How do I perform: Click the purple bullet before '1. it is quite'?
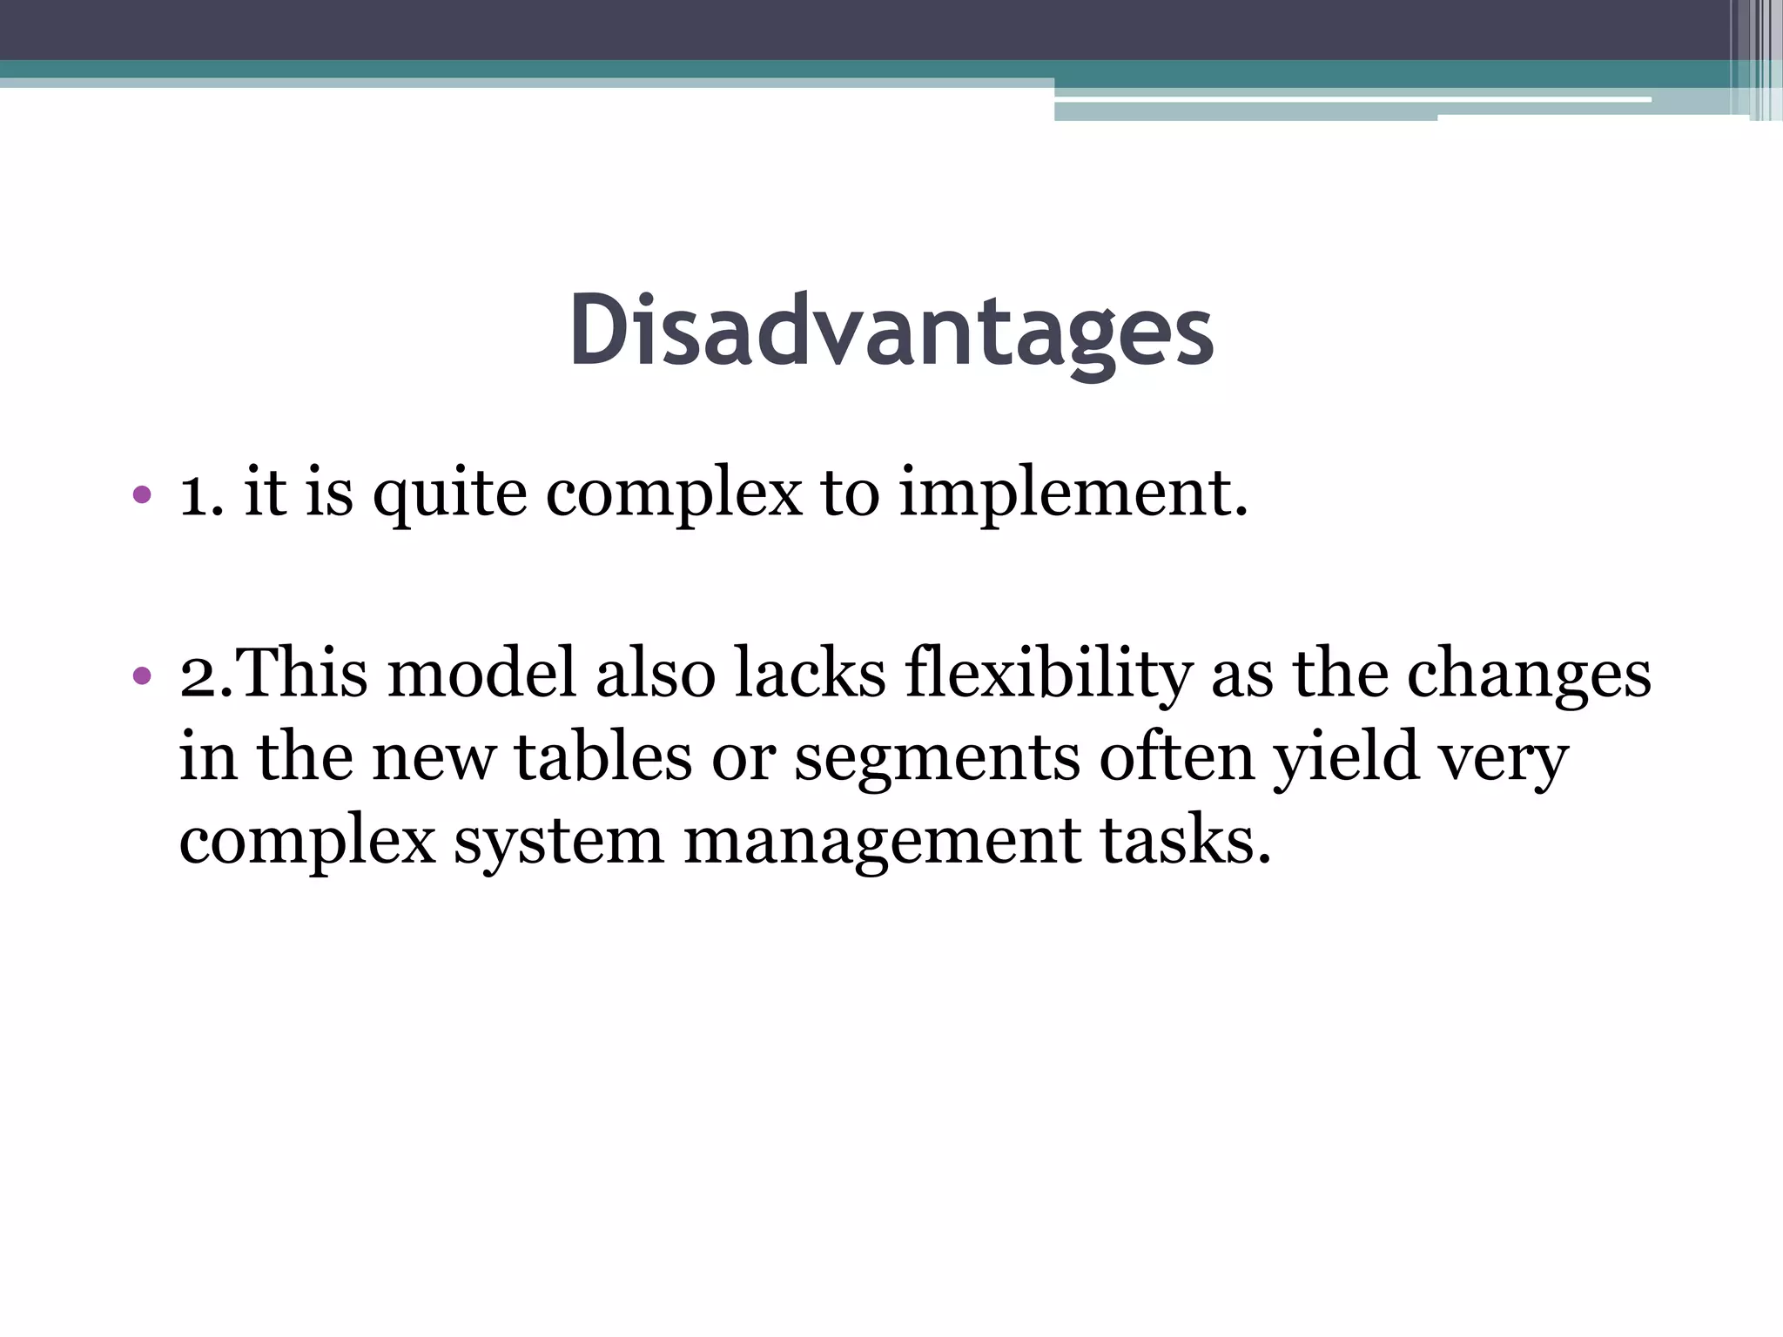coord(142,496)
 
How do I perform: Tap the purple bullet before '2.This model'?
coord(142,675)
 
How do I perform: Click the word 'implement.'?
coord(1073,494)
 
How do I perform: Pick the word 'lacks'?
coord(810,674)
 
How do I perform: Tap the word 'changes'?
coord(1529,675)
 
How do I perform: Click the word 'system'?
coord(558,843)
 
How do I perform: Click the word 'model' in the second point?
coord(481,674)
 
